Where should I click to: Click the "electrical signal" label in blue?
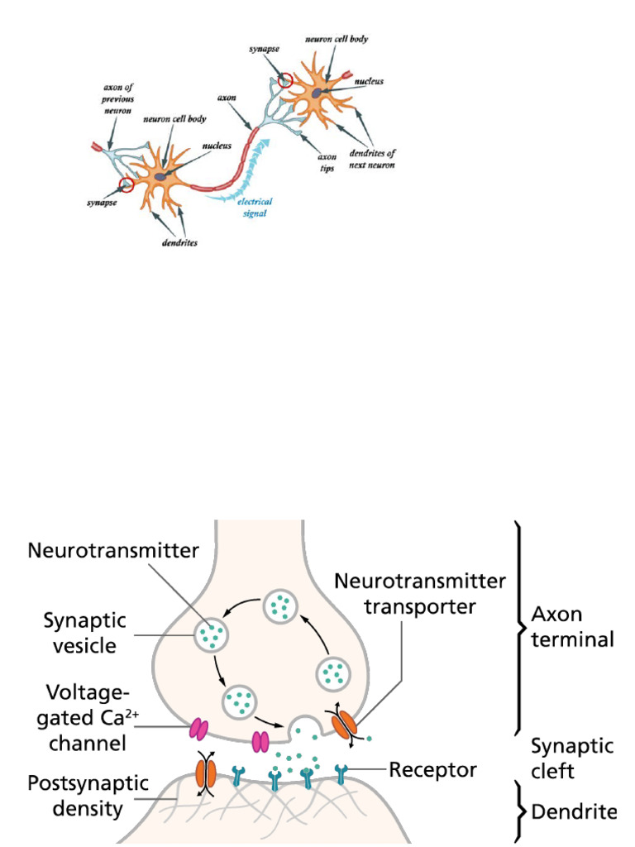point(254,207)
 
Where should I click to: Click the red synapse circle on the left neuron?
point(126,184)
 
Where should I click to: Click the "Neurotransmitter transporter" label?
point(419,593)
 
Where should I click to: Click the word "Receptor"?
point(432,771)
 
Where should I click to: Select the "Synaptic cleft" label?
point(572,758)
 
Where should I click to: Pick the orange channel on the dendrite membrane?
point(205,774)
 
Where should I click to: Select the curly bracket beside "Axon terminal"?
point(519,627)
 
